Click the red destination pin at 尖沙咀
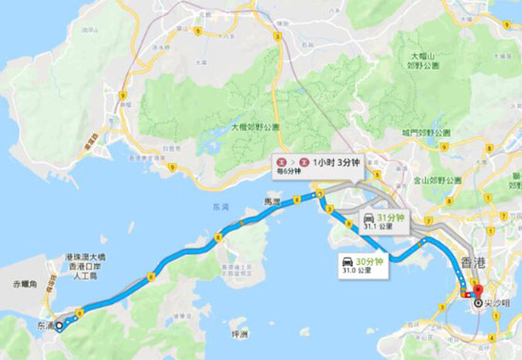(x=477, y=292)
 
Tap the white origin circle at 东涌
(x=60, y=325)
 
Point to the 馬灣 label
(x=271, y=202)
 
